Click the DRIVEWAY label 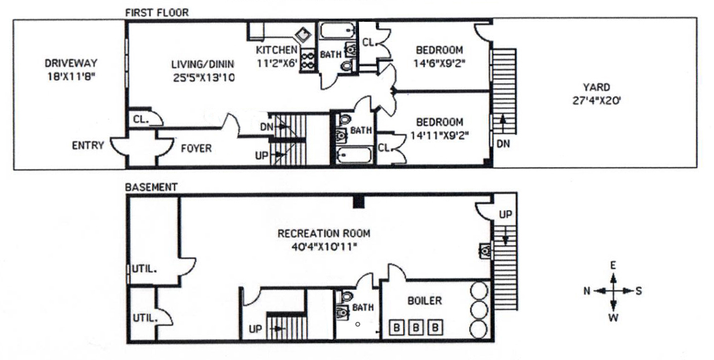[71, 63]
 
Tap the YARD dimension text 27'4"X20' [597, 100]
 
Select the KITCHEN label [276, 50]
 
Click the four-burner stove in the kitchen [308, 61]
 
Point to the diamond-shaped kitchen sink [303, 35]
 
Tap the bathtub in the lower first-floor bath [354, 155]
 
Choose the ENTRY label [88, 145]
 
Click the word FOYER [196, 148]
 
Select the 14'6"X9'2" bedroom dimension [439, 63]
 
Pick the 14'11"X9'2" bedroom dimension [439, 136]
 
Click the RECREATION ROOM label [324, 234]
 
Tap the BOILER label [425, 301]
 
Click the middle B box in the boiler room [416, 328]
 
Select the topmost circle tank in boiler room [479, 290]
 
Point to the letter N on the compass [587, 291]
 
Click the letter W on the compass [614, 318]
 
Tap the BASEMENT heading [151, 187]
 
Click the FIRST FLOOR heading [157, 13]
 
